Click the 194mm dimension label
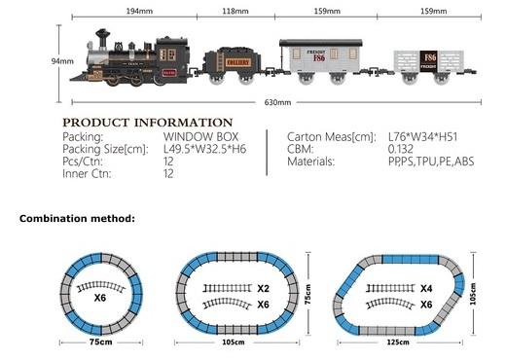coord(139,11)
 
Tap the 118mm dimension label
coord(235,11)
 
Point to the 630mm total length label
coord(277,102)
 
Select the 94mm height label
coord(62,61)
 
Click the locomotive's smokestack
coord(102,38)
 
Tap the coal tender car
coord(233,65)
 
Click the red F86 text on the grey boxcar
coord(319,58)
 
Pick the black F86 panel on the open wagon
coord(428,61)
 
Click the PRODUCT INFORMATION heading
coord(148,123)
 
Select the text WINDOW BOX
coord(200,136)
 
